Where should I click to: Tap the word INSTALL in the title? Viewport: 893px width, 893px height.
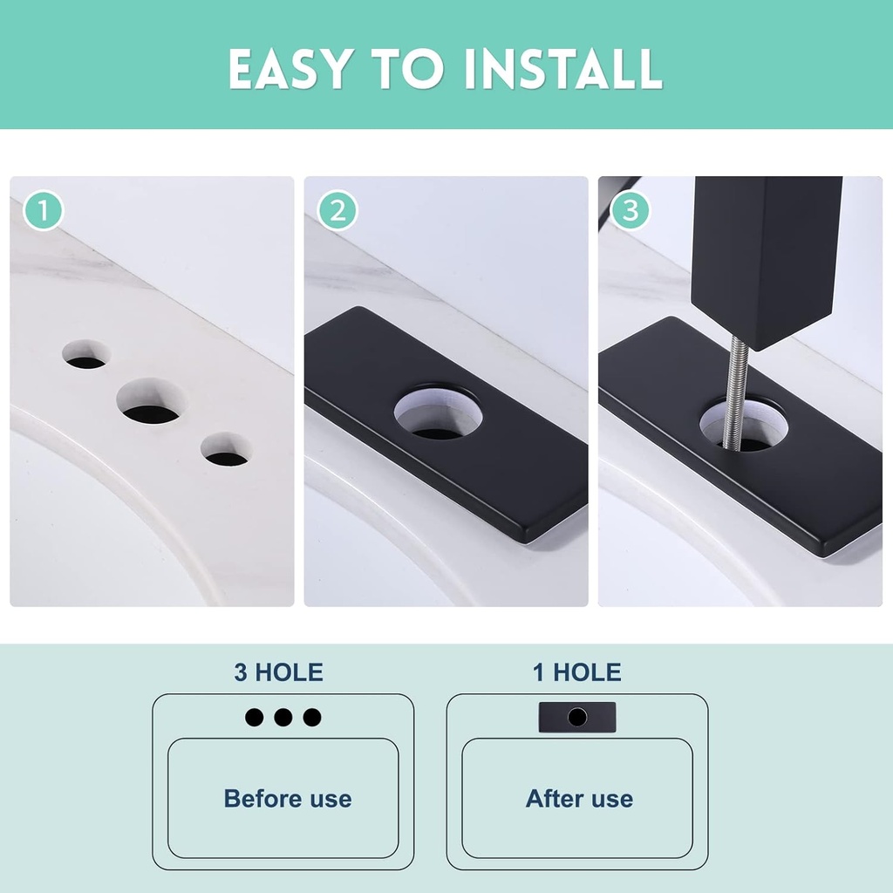point(562,69)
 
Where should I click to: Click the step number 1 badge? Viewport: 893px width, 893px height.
point(44,210)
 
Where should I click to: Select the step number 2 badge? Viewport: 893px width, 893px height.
point(337,210)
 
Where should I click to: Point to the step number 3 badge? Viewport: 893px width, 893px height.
point(631,210)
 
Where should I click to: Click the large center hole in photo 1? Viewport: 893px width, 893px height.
point(152,403)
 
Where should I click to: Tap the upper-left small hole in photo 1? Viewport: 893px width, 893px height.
point(85,354)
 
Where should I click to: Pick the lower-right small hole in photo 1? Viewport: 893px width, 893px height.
point(226,450)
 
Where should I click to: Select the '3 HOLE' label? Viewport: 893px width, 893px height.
point(278,672)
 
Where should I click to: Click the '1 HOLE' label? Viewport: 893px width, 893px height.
point(577,672)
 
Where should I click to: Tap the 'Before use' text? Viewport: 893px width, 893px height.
point(288,799)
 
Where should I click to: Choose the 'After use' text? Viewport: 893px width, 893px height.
point(579,799)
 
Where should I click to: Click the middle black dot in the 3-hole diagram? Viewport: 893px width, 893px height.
point(283,718)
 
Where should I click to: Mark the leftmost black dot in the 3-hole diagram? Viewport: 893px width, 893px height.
point(254,718)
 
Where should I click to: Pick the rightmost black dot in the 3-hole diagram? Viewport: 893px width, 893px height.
point(312,718)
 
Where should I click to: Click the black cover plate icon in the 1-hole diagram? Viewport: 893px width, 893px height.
point(577,717)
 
